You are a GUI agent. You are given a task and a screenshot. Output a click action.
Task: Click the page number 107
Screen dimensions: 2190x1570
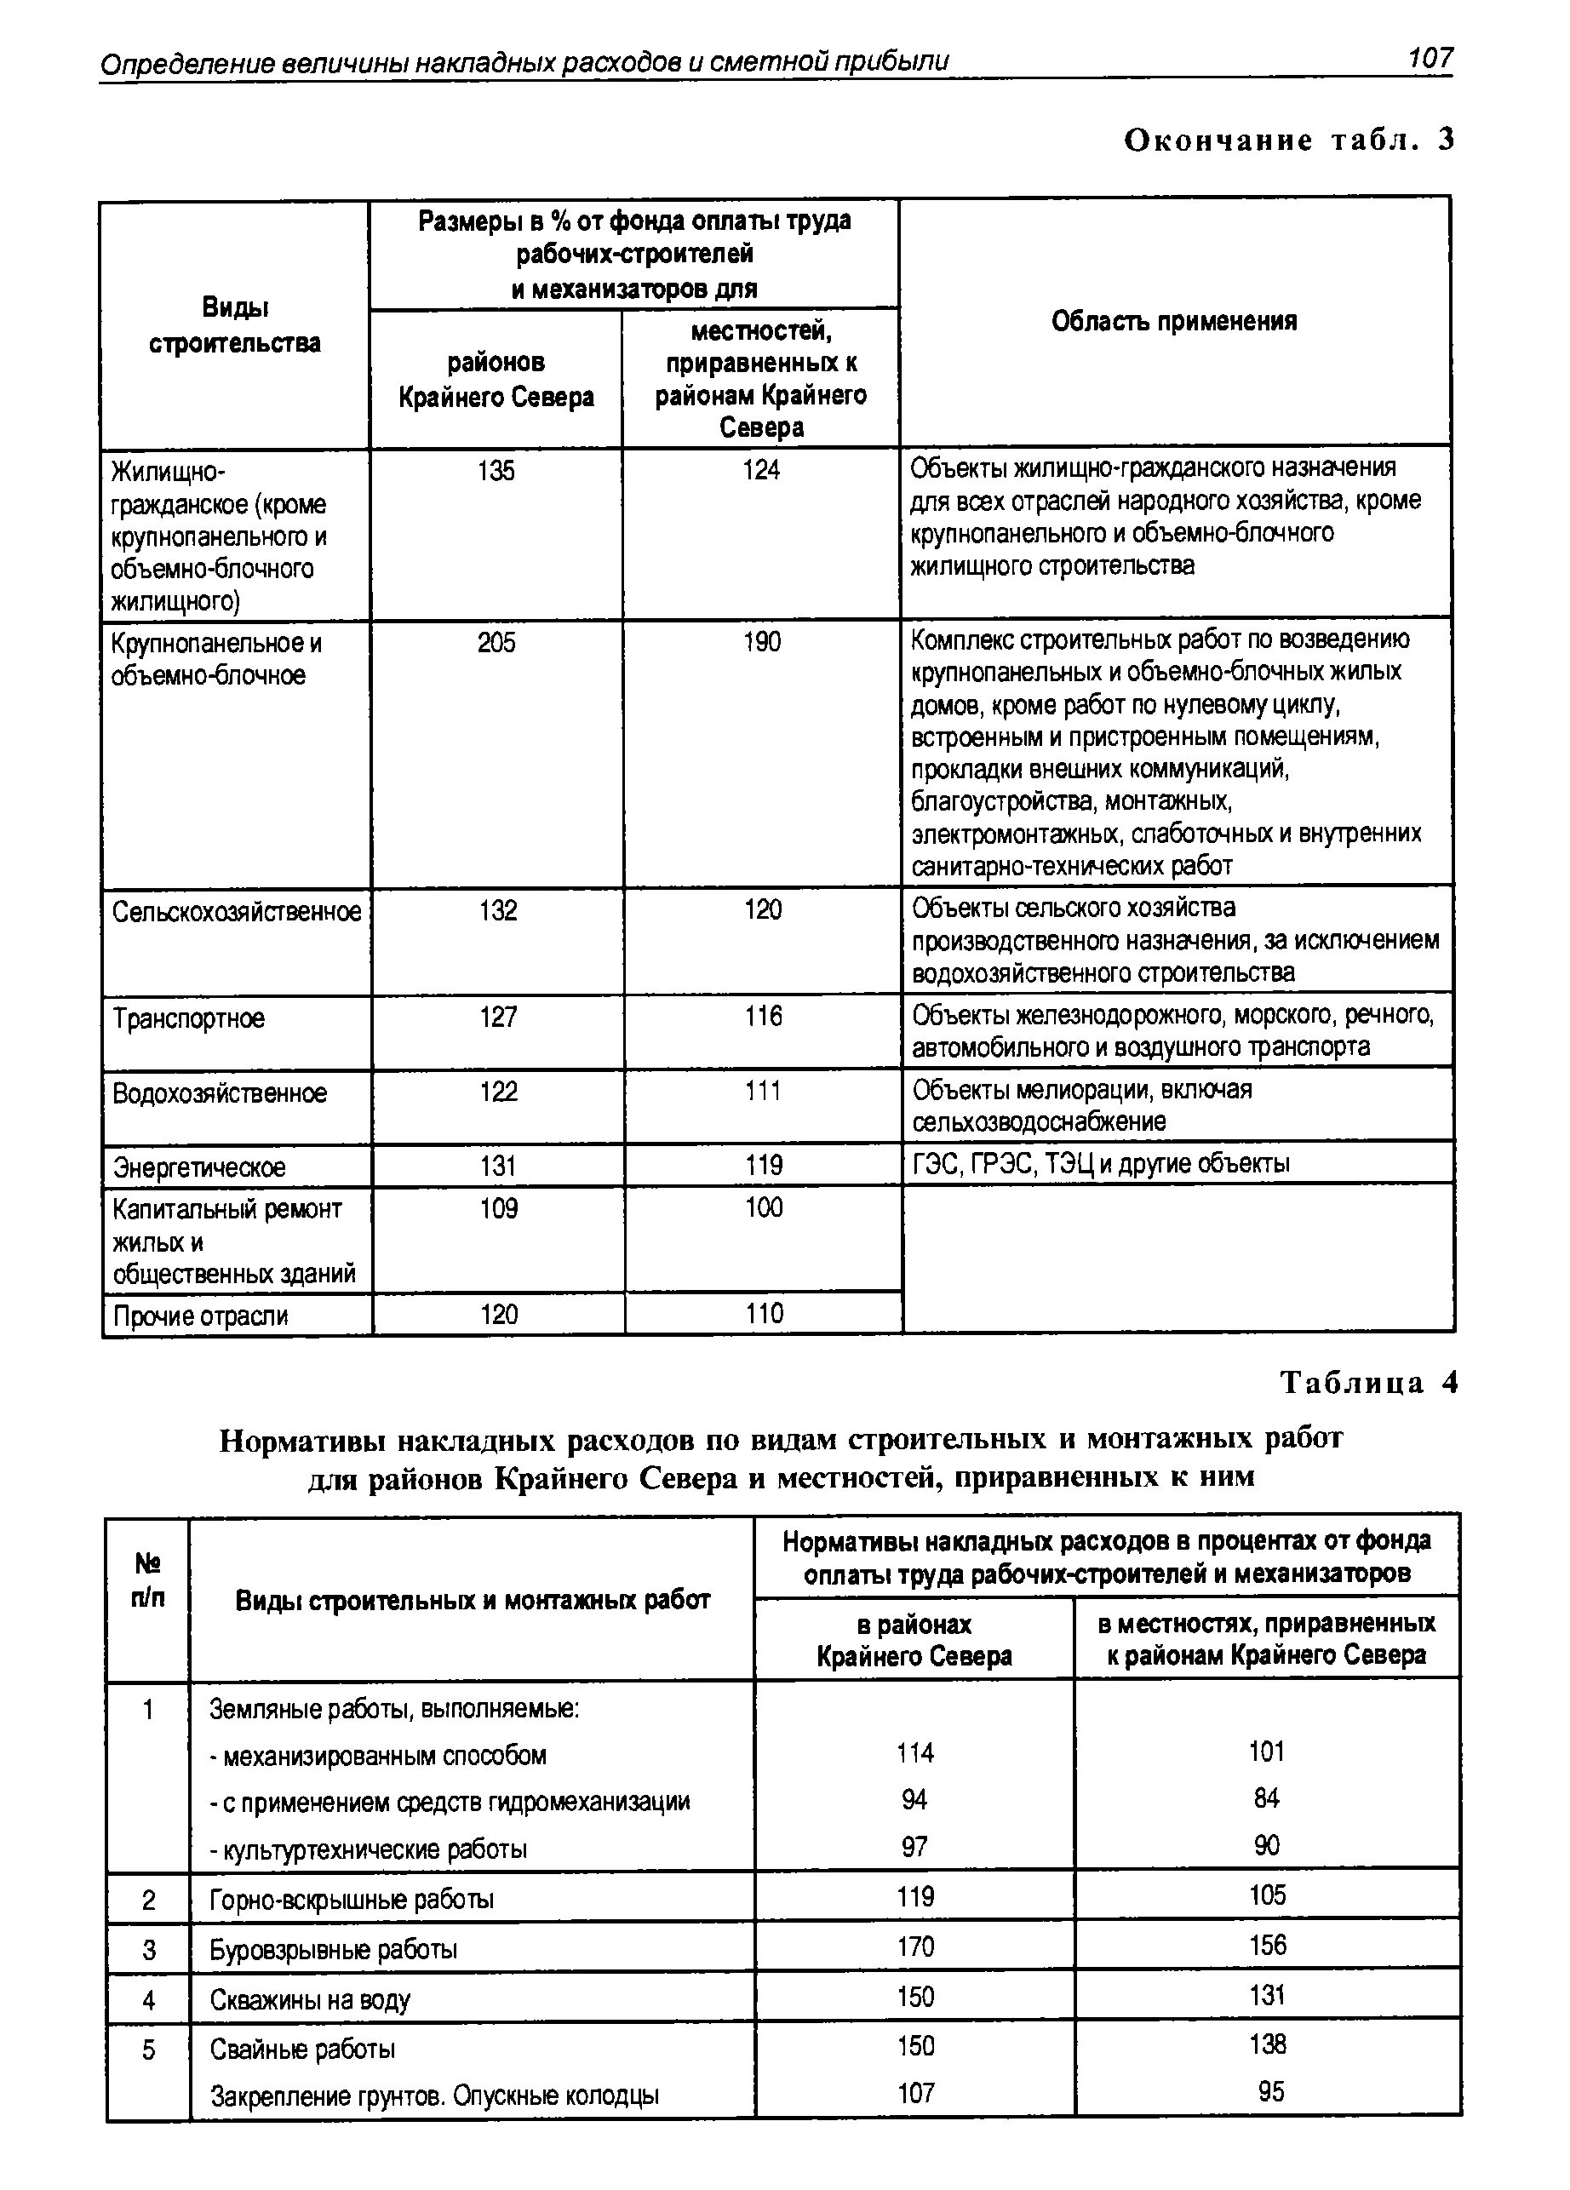[1429, 59]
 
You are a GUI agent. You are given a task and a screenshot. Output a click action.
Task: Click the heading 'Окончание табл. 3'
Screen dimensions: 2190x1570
[1288, 141]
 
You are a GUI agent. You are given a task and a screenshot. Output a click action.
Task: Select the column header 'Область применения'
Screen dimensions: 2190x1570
[1173, 322]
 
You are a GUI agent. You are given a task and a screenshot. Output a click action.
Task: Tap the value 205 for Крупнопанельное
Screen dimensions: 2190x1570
[496, 642]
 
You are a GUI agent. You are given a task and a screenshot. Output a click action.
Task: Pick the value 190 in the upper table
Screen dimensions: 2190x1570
[762, 642]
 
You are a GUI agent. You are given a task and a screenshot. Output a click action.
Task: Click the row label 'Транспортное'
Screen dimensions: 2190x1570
[189, 1018]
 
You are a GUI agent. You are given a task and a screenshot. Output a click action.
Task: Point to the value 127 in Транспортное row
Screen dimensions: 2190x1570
[498, 1017]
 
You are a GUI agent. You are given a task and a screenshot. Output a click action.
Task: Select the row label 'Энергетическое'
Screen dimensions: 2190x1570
[200, 1167]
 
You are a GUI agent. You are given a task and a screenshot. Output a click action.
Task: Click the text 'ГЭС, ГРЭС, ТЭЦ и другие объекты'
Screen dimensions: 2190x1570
[1101, 1164]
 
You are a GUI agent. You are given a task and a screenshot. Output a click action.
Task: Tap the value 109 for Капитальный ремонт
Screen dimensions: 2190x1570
[499, 1209]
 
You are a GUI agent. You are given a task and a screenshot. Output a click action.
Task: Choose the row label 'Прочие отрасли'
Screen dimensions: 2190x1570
[201, 1316]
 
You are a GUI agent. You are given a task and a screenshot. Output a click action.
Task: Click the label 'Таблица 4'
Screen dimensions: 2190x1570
[1368, 1384]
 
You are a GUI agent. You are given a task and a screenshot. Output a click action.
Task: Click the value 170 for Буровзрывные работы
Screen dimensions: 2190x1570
[915, 1946]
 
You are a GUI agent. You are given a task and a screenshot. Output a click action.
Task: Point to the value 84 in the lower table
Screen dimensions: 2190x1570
[1267, 1798]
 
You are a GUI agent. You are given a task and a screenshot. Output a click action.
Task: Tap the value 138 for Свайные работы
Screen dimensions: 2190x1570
[1267, 2044]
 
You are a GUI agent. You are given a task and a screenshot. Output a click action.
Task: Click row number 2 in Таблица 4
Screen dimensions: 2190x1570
[149, 1900]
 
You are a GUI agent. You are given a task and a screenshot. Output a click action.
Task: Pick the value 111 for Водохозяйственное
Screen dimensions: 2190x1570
[763, 1091]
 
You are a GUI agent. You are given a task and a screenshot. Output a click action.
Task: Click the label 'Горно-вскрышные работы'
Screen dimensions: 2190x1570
[352, 1900]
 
